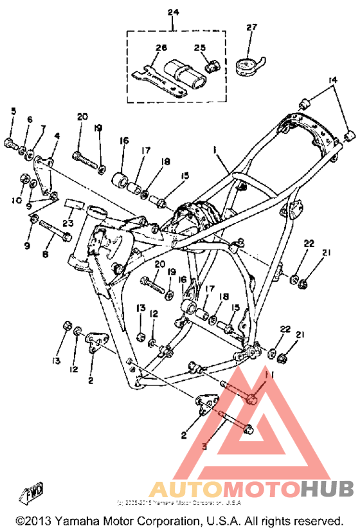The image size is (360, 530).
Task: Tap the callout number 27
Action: (251, 27)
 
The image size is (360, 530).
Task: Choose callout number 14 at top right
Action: (332, 80)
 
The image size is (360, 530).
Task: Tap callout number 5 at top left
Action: (13, 112)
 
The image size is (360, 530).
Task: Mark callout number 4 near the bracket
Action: (57, 136)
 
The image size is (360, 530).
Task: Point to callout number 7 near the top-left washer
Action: (42, 128)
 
